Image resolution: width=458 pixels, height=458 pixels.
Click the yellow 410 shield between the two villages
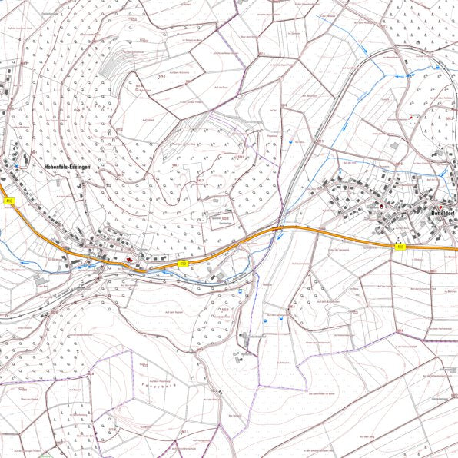click(183, 264)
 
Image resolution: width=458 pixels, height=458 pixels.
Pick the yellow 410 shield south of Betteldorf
click(400, 247)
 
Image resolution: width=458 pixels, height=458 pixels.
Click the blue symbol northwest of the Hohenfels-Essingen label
click(16, 164)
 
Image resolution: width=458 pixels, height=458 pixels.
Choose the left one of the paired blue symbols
click(267, 316)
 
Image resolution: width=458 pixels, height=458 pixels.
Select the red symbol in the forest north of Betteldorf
click(412, 117)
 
